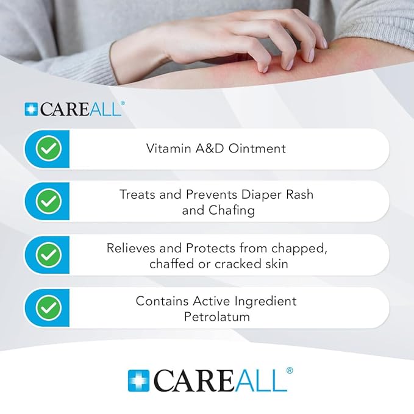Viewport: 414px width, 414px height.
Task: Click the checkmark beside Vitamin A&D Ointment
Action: click(x=48, y=149)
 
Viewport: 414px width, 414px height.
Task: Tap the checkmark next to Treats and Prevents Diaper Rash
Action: click(x=48, y=201)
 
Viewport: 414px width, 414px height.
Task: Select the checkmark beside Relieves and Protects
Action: click(x=48, y=255)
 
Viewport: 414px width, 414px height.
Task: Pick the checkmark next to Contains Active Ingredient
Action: click(x=48, y=308)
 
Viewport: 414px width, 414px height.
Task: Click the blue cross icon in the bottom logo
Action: click(x=138, y=380)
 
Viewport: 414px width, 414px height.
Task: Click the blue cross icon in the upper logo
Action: click(x=30, y=109)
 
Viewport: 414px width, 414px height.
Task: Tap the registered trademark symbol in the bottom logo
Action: click(x=290, y=370)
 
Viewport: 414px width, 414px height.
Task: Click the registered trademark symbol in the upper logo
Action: click(x=123, y=104)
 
